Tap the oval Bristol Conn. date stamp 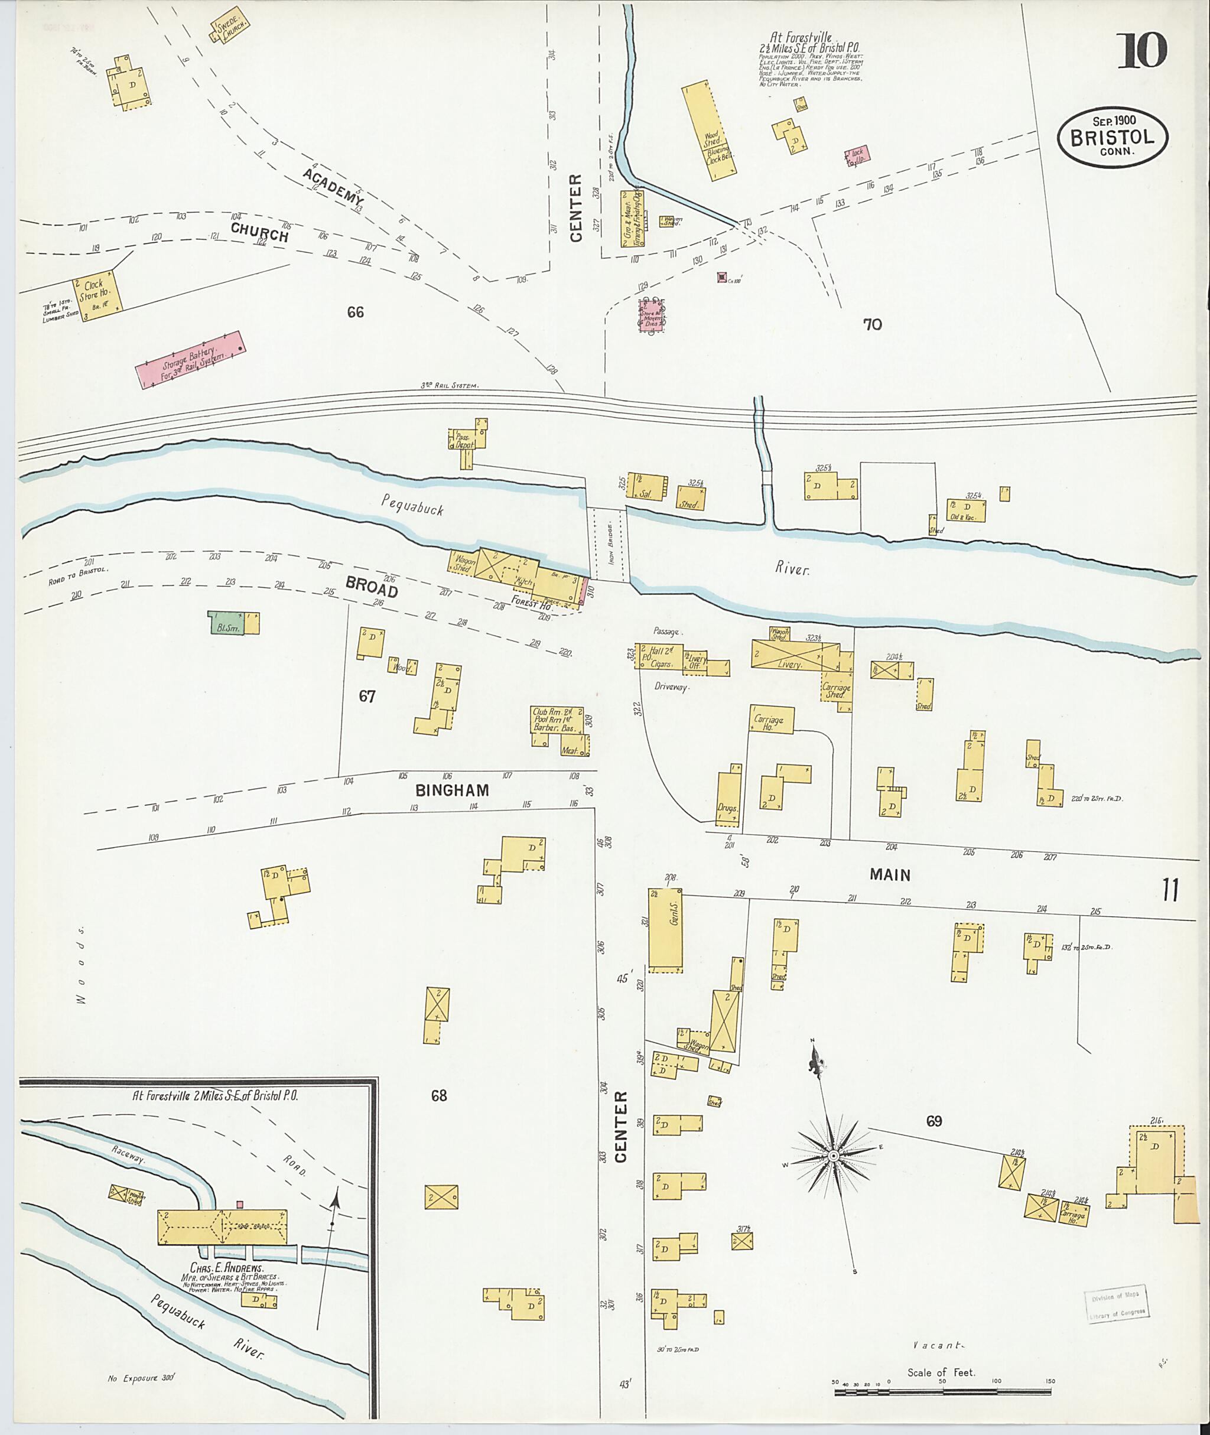pos(1112,136)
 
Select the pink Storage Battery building pos(191,360)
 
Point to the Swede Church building pos(229,27)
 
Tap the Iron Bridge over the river pos(609,544)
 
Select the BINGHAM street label pos(452,790)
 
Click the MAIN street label pos(890,874)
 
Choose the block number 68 pos(439,1096)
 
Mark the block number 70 pos(872,324)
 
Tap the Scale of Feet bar pos(942,1392)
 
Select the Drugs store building pos(728,798)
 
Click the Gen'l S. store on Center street pos(665,930)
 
